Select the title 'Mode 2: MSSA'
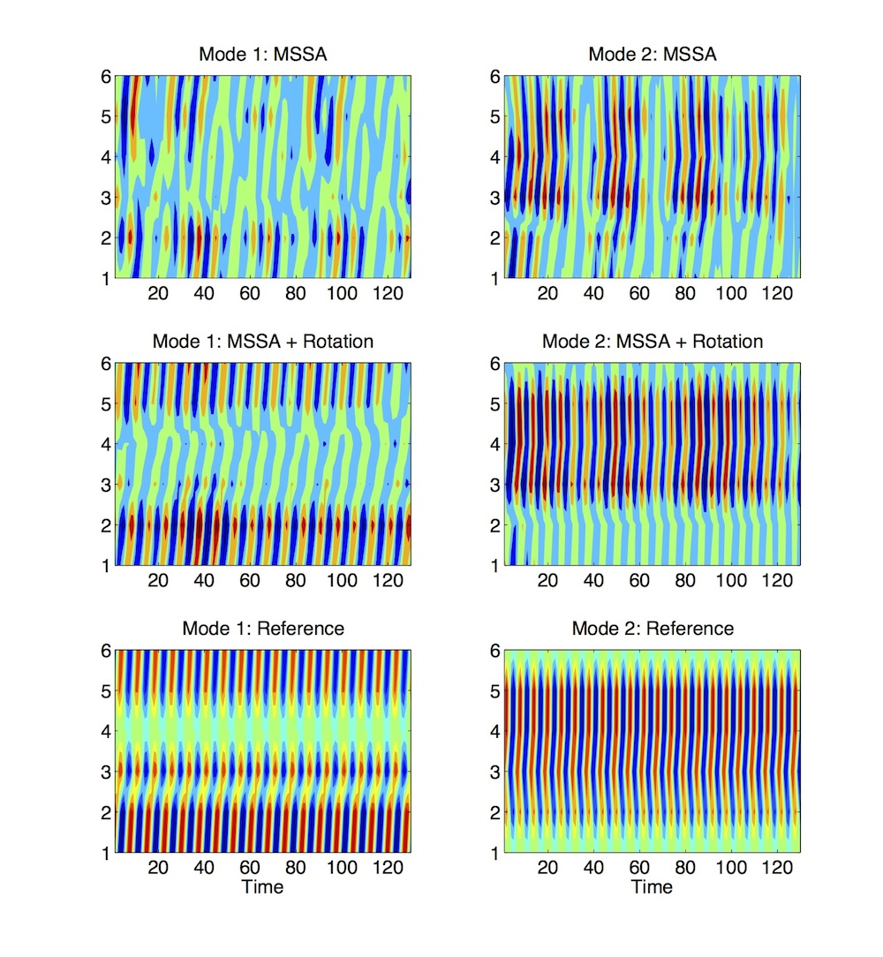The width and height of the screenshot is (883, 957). tap(652, 56)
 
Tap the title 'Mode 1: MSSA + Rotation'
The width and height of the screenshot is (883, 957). tap(262, 342)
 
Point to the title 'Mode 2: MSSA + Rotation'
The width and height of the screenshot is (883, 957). tap(652, 342)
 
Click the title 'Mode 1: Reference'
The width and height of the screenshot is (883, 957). tap(262, 629)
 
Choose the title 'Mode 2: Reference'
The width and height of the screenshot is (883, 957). tap(652, 629)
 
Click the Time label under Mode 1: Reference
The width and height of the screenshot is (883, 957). tap(262, 886)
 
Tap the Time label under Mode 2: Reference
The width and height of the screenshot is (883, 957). tap(652, 886)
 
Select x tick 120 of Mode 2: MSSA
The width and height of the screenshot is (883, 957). tap(776, 294)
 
